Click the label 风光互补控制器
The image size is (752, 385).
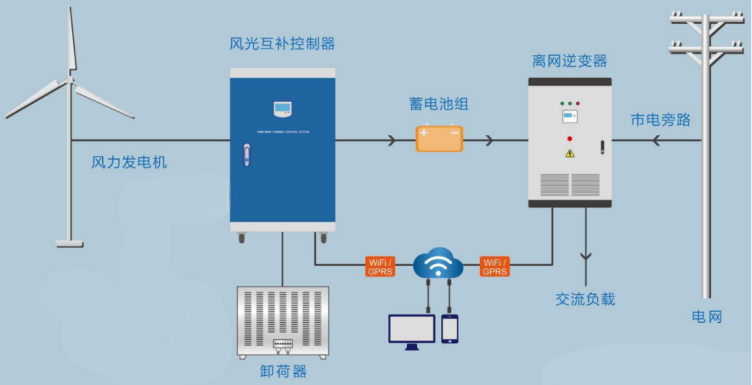pyautogui.click(x=282, y=44)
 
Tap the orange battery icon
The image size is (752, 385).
pyautogui.click(x=440, y=139)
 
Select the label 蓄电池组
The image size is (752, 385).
pyautogui.click(x=439, y=104)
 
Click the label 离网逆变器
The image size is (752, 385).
pyautogui.click(x=569, y=62)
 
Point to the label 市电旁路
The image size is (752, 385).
pyautogui.click(x=660, y=120)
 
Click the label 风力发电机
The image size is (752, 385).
pyautogui.click(x=129, y=162)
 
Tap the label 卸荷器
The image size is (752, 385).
pyautogui.click(x=283, y=371)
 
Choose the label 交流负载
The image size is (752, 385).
pyautogui.click(x=585, y=299)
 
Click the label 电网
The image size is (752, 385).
pyautogui.click(x=707, y=318)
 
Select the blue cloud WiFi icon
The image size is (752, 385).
pyautogui.click(x=438, y=264)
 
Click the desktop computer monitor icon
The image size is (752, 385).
pyautogui.click(x=411, y=330)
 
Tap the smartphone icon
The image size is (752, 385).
pyautogui.click(x=449, y=329)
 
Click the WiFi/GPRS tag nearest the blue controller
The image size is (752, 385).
pyautogui.click(x=380, y=267)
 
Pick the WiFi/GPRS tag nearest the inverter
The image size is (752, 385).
pyautogui.click(x=495, y=267)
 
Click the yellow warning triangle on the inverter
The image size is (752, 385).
pyautogui.click(x=569, y=153)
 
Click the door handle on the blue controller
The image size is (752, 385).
pyautogui.click(x=246, y=155)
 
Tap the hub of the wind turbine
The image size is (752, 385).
pyautogui.click(x=69, y=81)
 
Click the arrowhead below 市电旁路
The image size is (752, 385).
pyautogui.click(x=654, y=139)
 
